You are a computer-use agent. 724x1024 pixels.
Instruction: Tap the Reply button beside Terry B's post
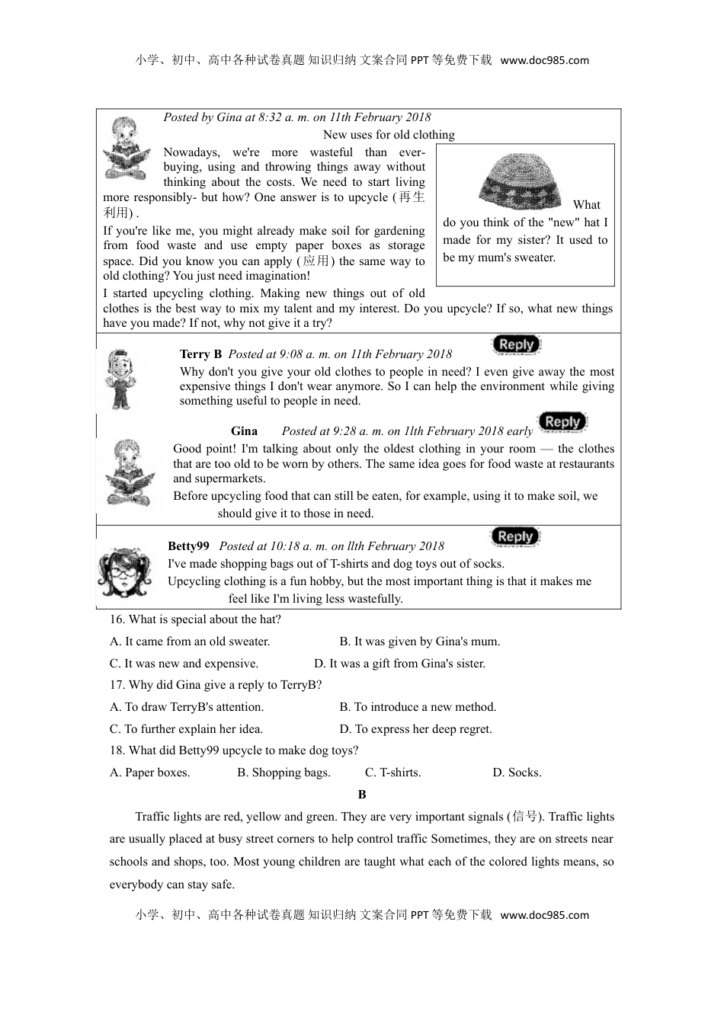(516, 345)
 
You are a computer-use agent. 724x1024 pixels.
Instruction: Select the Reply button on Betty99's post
(514, 537)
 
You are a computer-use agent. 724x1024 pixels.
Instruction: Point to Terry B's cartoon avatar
(120, 379)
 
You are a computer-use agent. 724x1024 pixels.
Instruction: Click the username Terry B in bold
(200, 354)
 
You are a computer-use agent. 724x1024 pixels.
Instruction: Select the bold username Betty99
(188, 546)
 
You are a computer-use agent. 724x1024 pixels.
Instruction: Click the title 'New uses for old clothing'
(389, 135)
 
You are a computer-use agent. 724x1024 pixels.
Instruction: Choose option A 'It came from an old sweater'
(190, 642)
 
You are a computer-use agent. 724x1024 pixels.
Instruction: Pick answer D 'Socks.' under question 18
(517, 773)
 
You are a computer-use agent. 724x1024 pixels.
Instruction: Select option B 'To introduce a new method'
(418, 707)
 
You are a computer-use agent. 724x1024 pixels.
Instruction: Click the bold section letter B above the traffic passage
(362, 795)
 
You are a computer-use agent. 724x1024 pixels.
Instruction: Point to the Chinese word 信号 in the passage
(524, 817)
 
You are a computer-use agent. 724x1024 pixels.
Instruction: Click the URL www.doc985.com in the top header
(545, 61)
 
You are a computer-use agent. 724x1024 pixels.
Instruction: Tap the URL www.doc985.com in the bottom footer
(545, 915)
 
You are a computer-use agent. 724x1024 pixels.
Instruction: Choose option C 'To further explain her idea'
(186, 729)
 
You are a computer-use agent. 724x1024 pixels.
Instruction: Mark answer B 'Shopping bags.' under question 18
(284, 773)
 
